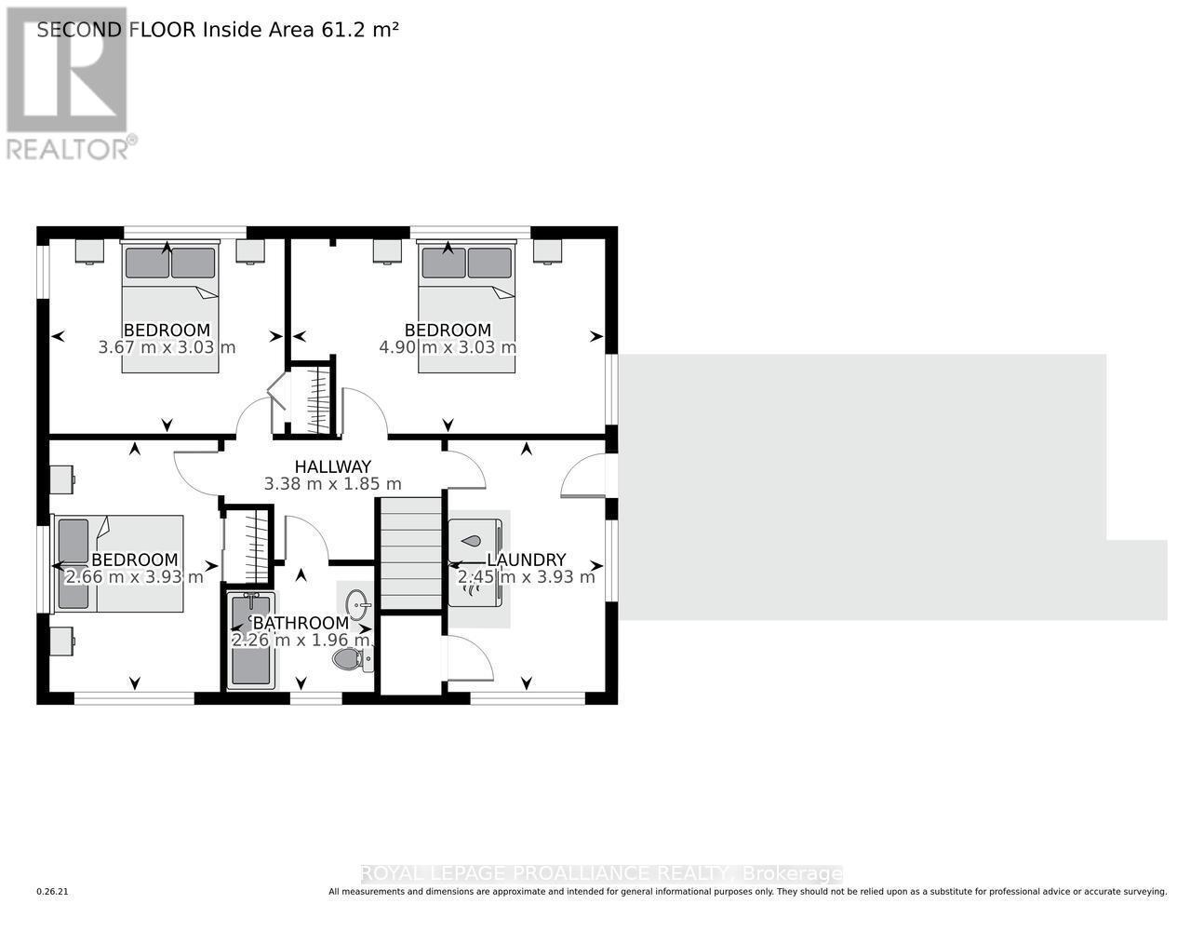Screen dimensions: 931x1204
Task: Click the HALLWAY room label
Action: click(x=332, y=466)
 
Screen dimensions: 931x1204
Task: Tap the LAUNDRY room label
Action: click(x=527, y=560)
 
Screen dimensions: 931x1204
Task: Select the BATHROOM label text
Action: click(x=301, y=623)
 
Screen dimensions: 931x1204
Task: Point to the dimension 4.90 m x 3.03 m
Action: click(x=448, y=347)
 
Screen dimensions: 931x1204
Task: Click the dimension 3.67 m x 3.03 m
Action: click(x=167, y=347)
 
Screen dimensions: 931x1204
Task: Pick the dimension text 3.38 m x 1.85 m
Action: click(x=332, y=484)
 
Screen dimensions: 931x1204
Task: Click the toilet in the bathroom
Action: click(x=351, y=660)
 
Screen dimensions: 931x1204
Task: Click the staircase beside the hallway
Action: click(x=409, y=554)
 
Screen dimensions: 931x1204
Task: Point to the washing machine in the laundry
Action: click(x=475, y=539)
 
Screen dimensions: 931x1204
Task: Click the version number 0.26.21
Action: click(x=53, y=892)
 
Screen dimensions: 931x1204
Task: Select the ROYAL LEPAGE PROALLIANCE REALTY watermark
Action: click(x=600, y=873)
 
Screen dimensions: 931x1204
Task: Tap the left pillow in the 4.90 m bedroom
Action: click(x=444, y=263)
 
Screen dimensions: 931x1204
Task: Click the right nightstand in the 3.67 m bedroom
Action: click(x=250, y=251)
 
